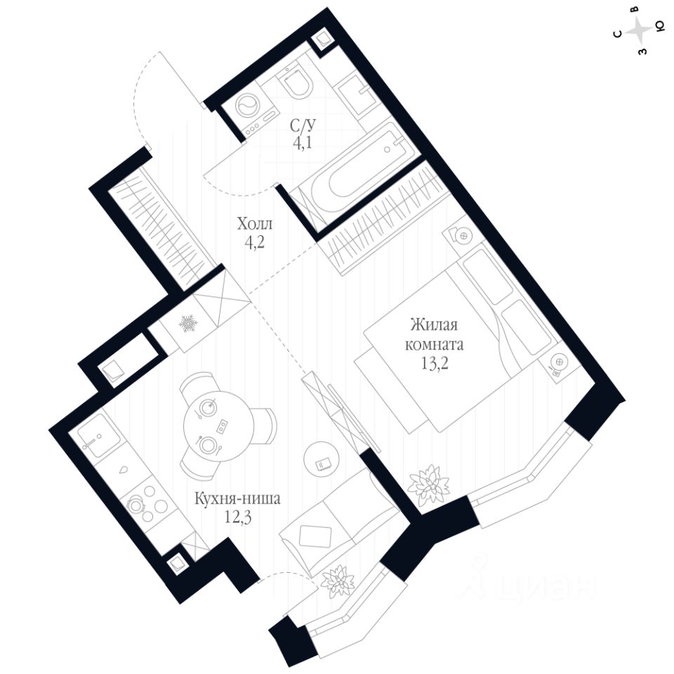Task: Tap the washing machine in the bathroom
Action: (x=247, y=108)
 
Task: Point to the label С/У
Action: (x=303, y=126)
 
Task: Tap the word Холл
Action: (x=254, y=225)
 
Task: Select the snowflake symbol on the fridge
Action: (x=188, y=324)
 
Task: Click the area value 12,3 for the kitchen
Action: (x=239, y=517)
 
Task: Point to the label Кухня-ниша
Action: (x=239, y=500)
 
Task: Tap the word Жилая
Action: (x=434, y=326)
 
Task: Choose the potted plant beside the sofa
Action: (x=336, y=580)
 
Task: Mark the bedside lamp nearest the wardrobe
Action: (x=459, y=236)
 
